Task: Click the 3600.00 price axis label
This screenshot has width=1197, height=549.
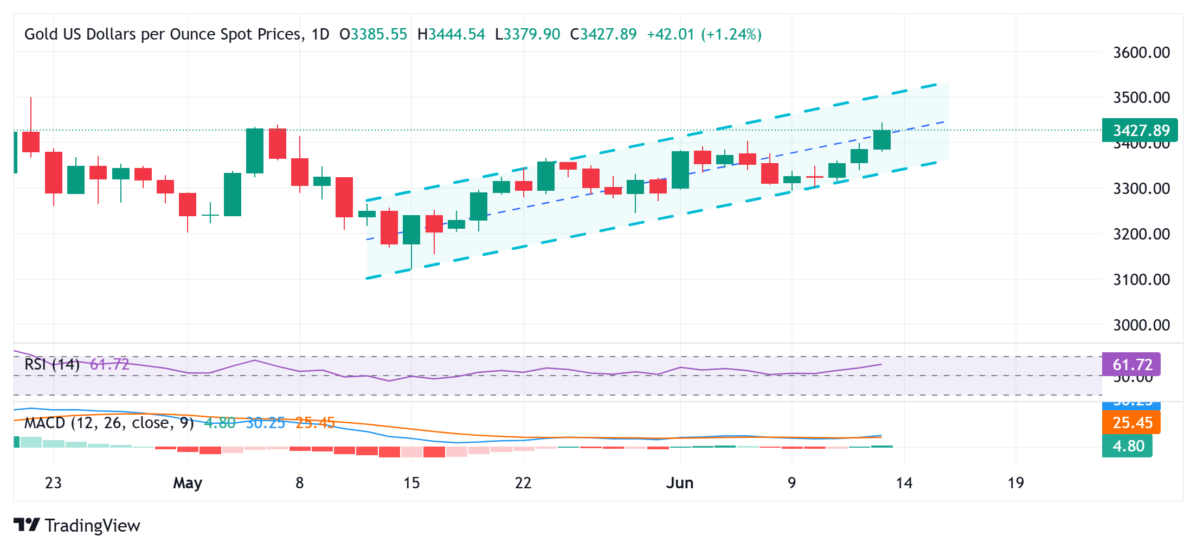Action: coord(1141,53)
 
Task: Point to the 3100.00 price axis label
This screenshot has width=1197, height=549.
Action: coord(1141,280)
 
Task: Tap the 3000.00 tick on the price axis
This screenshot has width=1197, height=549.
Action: coord(1141,325)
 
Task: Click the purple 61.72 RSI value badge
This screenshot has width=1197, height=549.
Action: coord(1131,365)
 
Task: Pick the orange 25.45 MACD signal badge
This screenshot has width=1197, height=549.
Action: coord(1131,423)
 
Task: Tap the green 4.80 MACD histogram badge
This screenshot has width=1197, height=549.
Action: coord(1128,446)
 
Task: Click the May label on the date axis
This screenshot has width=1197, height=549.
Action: coord(187,483)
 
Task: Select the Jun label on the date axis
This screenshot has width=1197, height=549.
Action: coord(679,483)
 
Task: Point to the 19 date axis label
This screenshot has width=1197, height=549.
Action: coord(1015,483)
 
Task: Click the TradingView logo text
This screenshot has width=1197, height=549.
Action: coord(92,526)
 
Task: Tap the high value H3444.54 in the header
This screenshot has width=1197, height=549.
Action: coord(451,35)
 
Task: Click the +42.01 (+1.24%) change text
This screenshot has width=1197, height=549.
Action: coord(704,35)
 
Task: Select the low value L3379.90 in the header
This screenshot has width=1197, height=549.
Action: coord(527,35)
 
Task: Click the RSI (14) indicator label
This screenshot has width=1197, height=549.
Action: coord(52,364)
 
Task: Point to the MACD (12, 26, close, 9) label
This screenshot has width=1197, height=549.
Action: coord(109,423)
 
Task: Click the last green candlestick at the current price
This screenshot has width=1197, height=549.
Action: coord(882,140)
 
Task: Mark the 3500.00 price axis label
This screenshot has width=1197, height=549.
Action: coord(1141,98)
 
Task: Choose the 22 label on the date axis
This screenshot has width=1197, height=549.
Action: coord(523,483)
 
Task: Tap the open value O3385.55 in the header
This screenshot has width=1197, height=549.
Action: coord(373,35)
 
